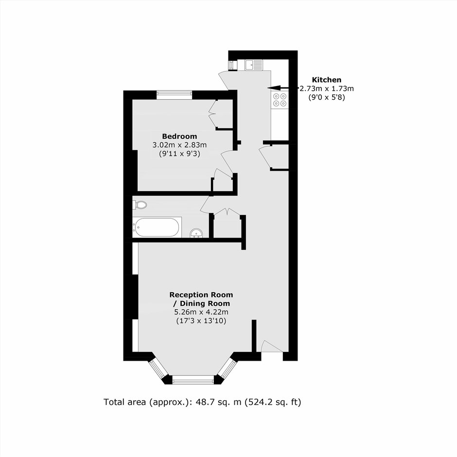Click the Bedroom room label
[179, 137]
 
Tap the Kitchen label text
[326, 80]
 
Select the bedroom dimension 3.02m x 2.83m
[179, 145]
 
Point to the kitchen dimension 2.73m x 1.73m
[326, 88]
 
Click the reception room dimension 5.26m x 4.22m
[201, 312]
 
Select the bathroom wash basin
[196, 233]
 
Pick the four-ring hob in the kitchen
[280, 100]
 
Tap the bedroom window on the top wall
[174, 95]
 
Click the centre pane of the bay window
[193, 380]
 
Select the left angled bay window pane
[158, 369]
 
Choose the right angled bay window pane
[228, 369]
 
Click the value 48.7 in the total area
[204, 402]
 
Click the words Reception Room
[201, 295]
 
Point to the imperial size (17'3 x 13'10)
[201, 321]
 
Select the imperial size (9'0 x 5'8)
[326, 97]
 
